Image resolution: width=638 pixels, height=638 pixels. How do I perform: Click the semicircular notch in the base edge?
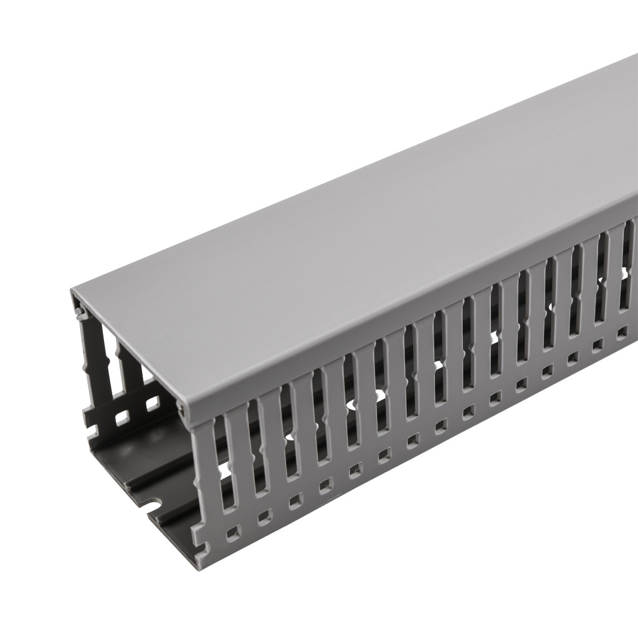coord(151,502)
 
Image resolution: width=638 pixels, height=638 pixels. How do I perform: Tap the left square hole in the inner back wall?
coord(123,415)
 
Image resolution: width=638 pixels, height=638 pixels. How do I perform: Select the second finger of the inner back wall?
coord(127,368)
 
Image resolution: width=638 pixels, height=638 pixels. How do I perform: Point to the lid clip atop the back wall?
coord(79,310)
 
